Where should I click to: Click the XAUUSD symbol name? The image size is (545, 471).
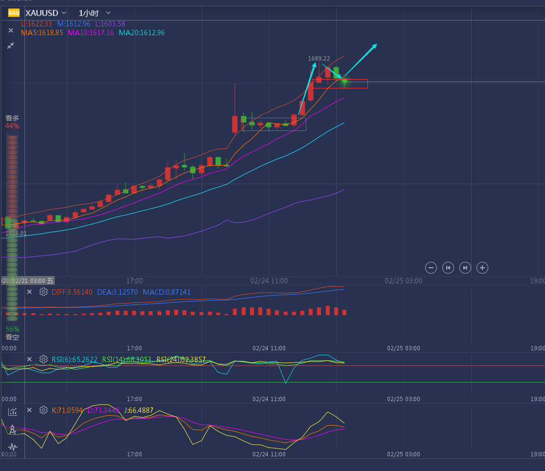coord(42,13)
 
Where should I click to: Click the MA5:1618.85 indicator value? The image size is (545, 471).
coord(42,33)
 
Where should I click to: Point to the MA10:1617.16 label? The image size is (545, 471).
coord(91,33)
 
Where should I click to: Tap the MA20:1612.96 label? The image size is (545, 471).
coord(141,33)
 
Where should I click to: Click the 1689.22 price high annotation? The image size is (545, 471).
coord(318,58)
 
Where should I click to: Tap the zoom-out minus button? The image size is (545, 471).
coord(431,267)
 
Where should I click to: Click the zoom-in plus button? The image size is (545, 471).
coord(482,267)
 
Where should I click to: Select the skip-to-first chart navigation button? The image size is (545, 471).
coord(448,267)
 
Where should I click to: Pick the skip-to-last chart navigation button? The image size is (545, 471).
coord(465,267)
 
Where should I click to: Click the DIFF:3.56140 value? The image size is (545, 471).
coord(72,292)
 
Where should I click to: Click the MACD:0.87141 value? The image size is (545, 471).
coord(167,292)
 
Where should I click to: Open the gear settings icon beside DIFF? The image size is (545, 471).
coord(44,292)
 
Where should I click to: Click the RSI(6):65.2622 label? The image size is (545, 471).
coord(74,360)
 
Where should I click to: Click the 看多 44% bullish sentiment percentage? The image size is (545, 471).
coord(12,126)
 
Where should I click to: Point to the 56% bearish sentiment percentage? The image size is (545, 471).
coord(12,329)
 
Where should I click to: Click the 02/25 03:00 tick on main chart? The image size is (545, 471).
coord(403,281)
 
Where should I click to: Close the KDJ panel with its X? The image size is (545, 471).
coord(29,410)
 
